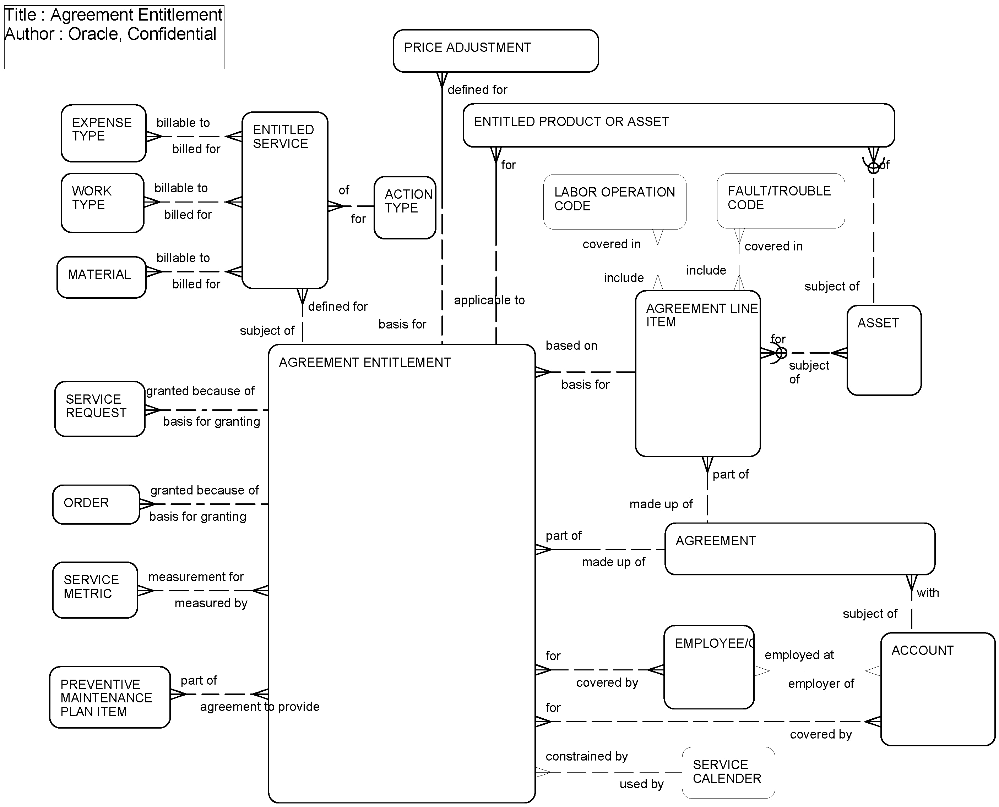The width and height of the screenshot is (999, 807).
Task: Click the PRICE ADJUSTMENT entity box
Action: pyautogui.click(x=495, y=51)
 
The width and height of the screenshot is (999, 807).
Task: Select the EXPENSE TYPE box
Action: pyautogui.click(x=103, y=133)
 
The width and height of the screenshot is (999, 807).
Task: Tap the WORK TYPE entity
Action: pyautogui.click(x=102, y=203)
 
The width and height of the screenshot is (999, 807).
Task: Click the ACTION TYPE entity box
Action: pyautogui.click(x=405, y=208)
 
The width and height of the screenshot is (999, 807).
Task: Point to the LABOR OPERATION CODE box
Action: pyautogui.click(x=614, y=202)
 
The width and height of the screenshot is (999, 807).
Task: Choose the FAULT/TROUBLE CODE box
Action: pyautogui.click(x=780, y=201)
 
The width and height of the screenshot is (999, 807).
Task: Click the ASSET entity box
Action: pyautogui.click(x=883, y=350)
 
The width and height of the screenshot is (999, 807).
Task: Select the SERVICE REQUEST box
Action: pyautogui.click(x=99, y=409)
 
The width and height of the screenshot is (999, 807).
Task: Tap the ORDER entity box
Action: pyautogui.click(x=96, y=504)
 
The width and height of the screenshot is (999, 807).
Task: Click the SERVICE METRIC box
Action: pyautogui.click(x=95, y=590)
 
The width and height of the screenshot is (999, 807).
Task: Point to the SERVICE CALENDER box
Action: pyautogui.click(x=728, y=773)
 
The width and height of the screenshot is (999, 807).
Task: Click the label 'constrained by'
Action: pyautogui.click(x=586, y=756)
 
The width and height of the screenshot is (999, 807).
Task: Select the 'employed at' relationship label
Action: pyautogui.click(x=799, y=655)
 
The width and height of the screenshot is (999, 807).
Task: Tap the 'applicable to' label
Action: pyautogui.click(x=489, y=300)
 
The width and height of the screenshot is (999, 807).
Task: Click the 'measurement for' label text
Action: pyautogui.click(x=196, y=577)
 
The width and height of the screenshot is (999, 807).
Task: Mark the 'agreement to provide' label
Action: pyautogui.click(x=260, y=707)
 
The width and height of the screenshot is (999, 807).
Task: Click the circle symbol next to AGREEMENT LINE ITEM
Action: pyautogui.click(x=781, y=353)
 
